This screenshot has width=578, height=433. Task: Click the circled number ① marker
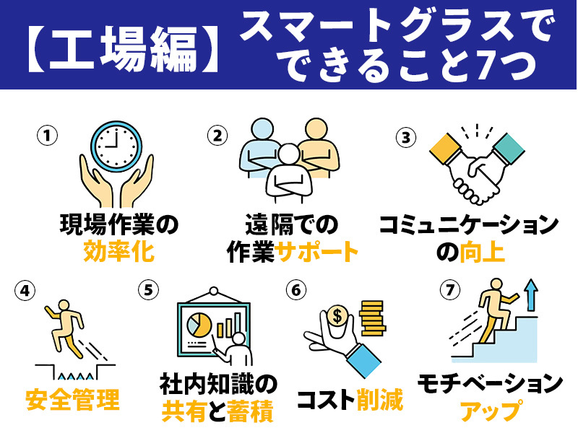click(47, 135)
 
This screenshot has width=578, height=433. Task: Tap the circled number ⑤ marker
click(148, 290)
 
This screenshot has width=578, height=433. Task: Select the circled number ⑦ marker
click(449, 290)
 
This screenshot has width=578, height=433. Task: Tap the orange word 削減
click(380, 399)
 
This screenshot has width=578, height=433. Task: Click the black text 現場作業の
click(117, 226)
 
